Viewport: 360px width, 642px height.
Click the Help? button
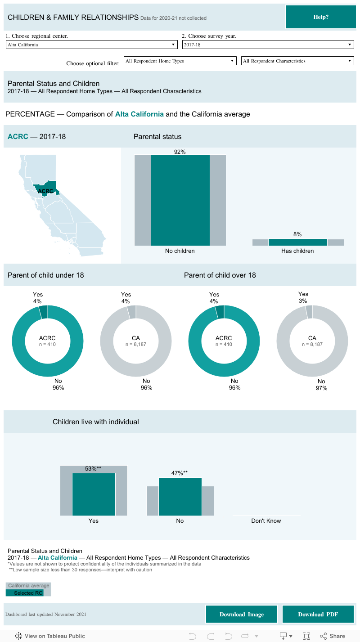click(x=321, y=17)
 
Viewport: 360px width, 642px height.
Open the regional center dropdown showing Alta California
click(x=91, y=45)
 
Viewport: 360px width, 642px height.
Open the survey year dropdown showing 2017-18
click(x=268, y=45)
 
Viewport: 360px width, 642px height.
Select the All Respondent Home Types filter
click(x=180, y=61)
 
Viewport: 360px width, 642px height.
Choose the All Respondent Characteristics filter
click(x=297, y=61)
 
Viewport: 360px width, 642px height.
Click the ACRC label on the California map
click(x=45, y=191)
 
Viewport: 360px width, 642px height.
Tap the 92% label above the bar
click(x=180, y=152)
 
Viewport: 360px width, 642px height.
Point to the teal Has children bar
click(x=297, y=242)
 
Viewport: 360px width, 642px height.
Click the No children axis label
click(x=180, y=251)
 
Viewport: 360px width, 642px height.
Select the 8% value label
click(x=297, y=234)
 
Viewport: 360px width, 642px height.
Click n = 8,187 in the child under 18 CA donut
click(x=136, y=344)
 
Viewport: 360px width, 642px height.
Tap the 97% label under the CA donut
click(x=321, y=388)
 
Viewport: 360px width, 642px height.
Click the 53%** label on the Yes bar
click(x=93, y=469)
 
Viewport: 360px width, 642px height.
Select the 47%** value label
click(x=180, y=473)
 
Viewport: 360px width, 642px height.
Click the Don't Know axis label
click(x=266, y=521)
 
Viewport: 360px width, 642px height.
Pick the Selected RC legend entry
click(x=28, y=593)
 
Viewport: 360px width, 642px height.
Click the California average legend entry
click(x=29, y=586)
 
